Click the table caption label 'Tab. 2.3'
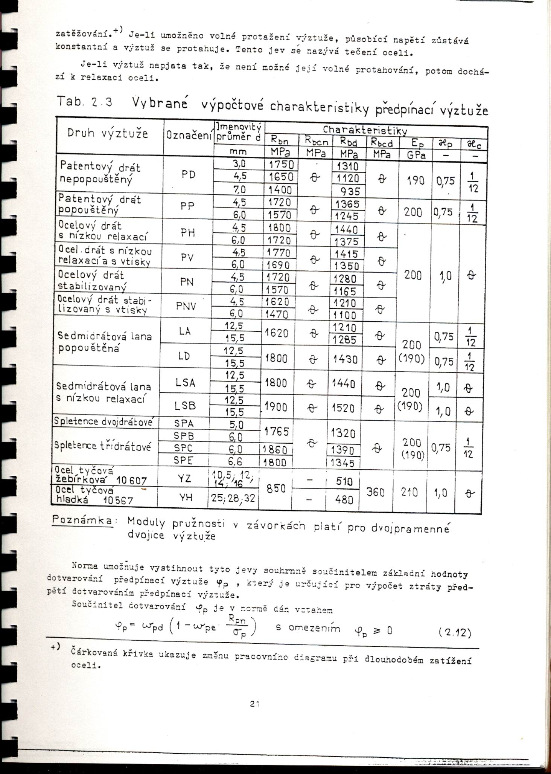(85, 102)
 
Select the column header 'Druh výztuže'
(108, 133)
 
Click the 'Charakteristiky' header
(365, 130)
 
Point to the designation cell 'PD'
(188, 175)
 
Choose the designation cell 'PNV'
(186, 306)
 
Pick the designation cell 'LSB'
(185, 406)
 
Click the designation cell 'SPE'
(184, 460)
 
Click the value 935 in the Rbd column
(348, 191)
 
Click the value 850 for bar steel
(276, 489)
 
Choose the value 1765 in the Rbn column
(276, 432)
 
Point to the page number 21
(255, 703)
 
